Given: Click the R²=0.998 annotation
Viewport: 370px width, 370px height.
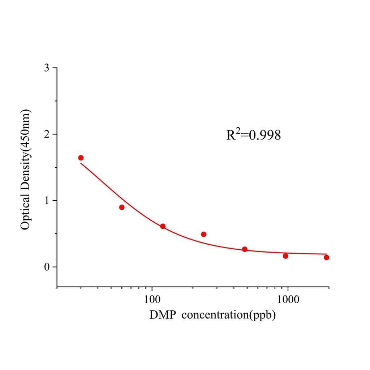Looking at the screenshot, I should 253,135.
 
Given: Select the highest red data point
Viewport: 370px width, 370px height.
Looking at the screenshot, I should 81,158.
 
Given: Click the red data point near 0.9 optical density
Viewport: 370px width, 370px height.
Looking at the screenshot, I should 122,207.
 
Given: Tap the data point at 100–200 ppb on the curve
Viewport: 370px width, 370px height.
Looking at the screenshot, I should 163,226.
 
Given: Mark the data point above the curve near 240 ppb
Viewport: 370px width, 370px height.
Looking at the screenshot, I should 204,234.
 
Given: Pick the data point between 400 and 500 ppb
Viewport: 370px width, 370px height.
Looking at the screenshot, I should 245,249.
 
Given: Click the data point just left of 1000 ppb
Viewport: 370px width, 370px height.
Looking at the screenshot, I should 285,256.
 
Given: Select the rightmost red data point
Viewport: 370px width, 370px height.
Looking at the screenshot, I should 326,257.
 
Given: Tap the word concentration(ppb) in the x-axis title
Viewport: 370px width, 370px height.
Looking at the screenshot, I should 229,315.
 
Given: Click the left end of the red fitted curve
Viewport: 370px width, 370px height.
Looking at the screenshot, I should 81,163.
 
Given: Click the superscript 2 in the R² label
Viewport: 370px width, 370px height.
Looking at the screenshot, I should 238,130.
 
